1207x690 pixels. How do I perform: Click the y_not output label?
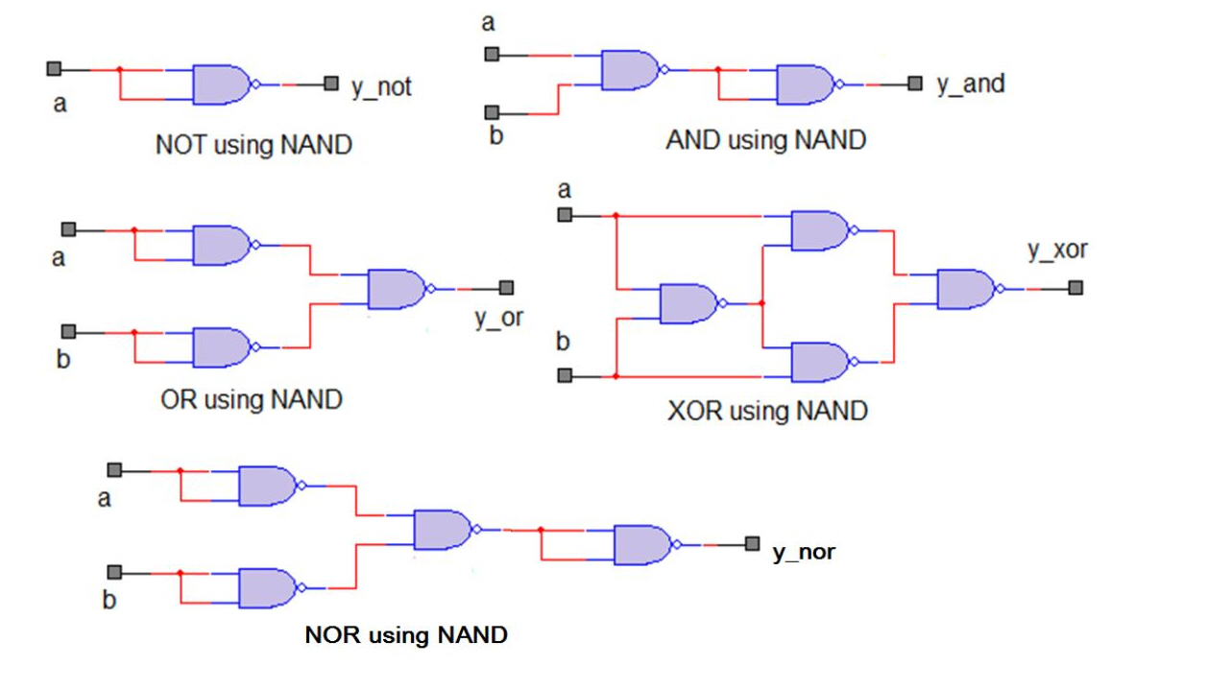(x=381, y=87)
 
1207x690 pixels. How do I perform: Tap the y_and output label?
(x=970, y=84)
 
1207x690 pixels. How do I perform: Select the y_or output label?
(x=499, y=318)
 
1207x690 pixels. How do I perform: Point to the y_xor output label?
(x=1057, y=250)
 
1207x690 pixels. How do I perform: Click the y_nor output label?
(x=804, y=553)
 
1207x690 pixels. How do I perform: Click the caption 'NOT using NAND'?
(x=253, y=146)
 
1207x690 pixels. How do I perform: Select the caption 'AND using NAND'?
(x=765, y=140)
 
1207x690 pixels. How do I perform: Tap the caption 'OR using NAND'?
(x=252, y=399)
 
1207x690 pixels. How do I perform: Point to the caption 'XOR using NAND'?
(x=767, y=412)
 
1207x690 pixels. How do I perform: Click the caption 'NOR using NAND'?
(x=406, y=635)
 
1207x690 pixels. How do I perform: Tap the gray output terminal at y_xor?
(x=1075, y=288)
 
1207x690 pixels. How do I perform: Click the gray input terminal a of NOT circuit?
(x=54, y=69)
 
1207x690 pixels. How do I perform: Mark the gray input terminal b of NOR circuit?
(x=114, y=573)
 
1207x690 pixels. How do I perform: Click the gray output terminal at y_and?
(x=915, y=84)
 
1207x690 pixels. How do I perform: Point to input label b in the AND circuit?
(x=495, y=135)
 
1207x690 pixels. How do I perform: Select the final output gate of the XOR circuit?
(x=966, y=288)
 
